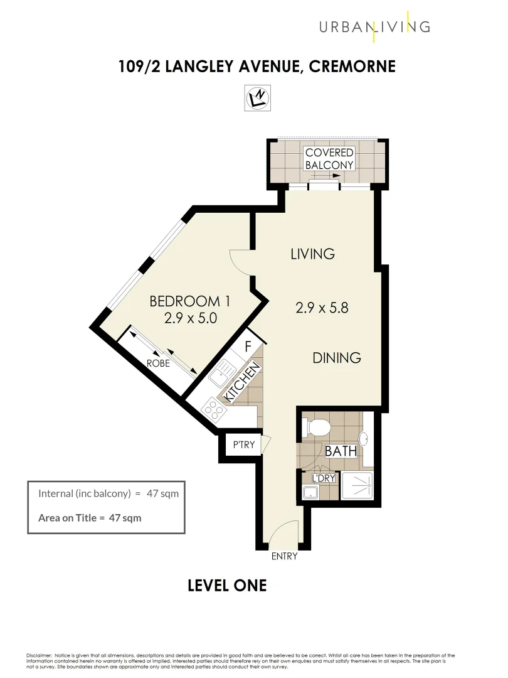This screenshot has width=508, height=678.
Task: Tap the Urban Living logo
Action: click(374, 26)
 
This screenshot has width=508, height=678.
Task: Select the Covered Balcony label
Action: click(329, 159)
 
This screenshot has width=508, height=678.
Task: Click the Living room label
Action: click(312, 254)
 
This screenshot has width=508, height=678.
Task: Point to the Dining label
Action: click(337, 358)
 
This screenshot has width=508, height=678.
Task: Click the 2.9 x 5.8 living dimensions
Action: click(322, 308)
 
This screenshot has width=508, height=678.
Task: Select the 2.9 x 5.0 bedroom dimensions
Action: click(190, 318)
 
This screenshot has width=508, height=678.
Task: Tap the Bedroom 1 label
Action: click(189, 301)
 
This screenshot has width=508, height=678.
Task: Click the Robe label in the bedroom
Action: click(158, 363)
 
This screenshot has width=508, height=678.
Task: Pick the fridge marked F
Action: click(248, 346)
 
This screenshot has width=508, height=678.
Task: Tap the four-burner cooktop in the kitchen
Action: click(214, 409)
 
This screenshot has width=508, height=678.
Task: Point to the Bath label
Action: click(341, 451)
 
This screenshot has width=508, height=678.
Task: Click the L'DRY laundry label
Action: click(324, 478)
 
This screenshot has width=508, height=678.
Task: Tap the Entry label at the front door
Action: click(284, 556)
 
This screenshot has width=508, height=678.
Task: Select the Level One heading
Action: click(227, 586)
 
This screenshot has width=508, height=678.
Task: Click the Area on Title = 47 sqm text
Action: click(90, 518)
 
